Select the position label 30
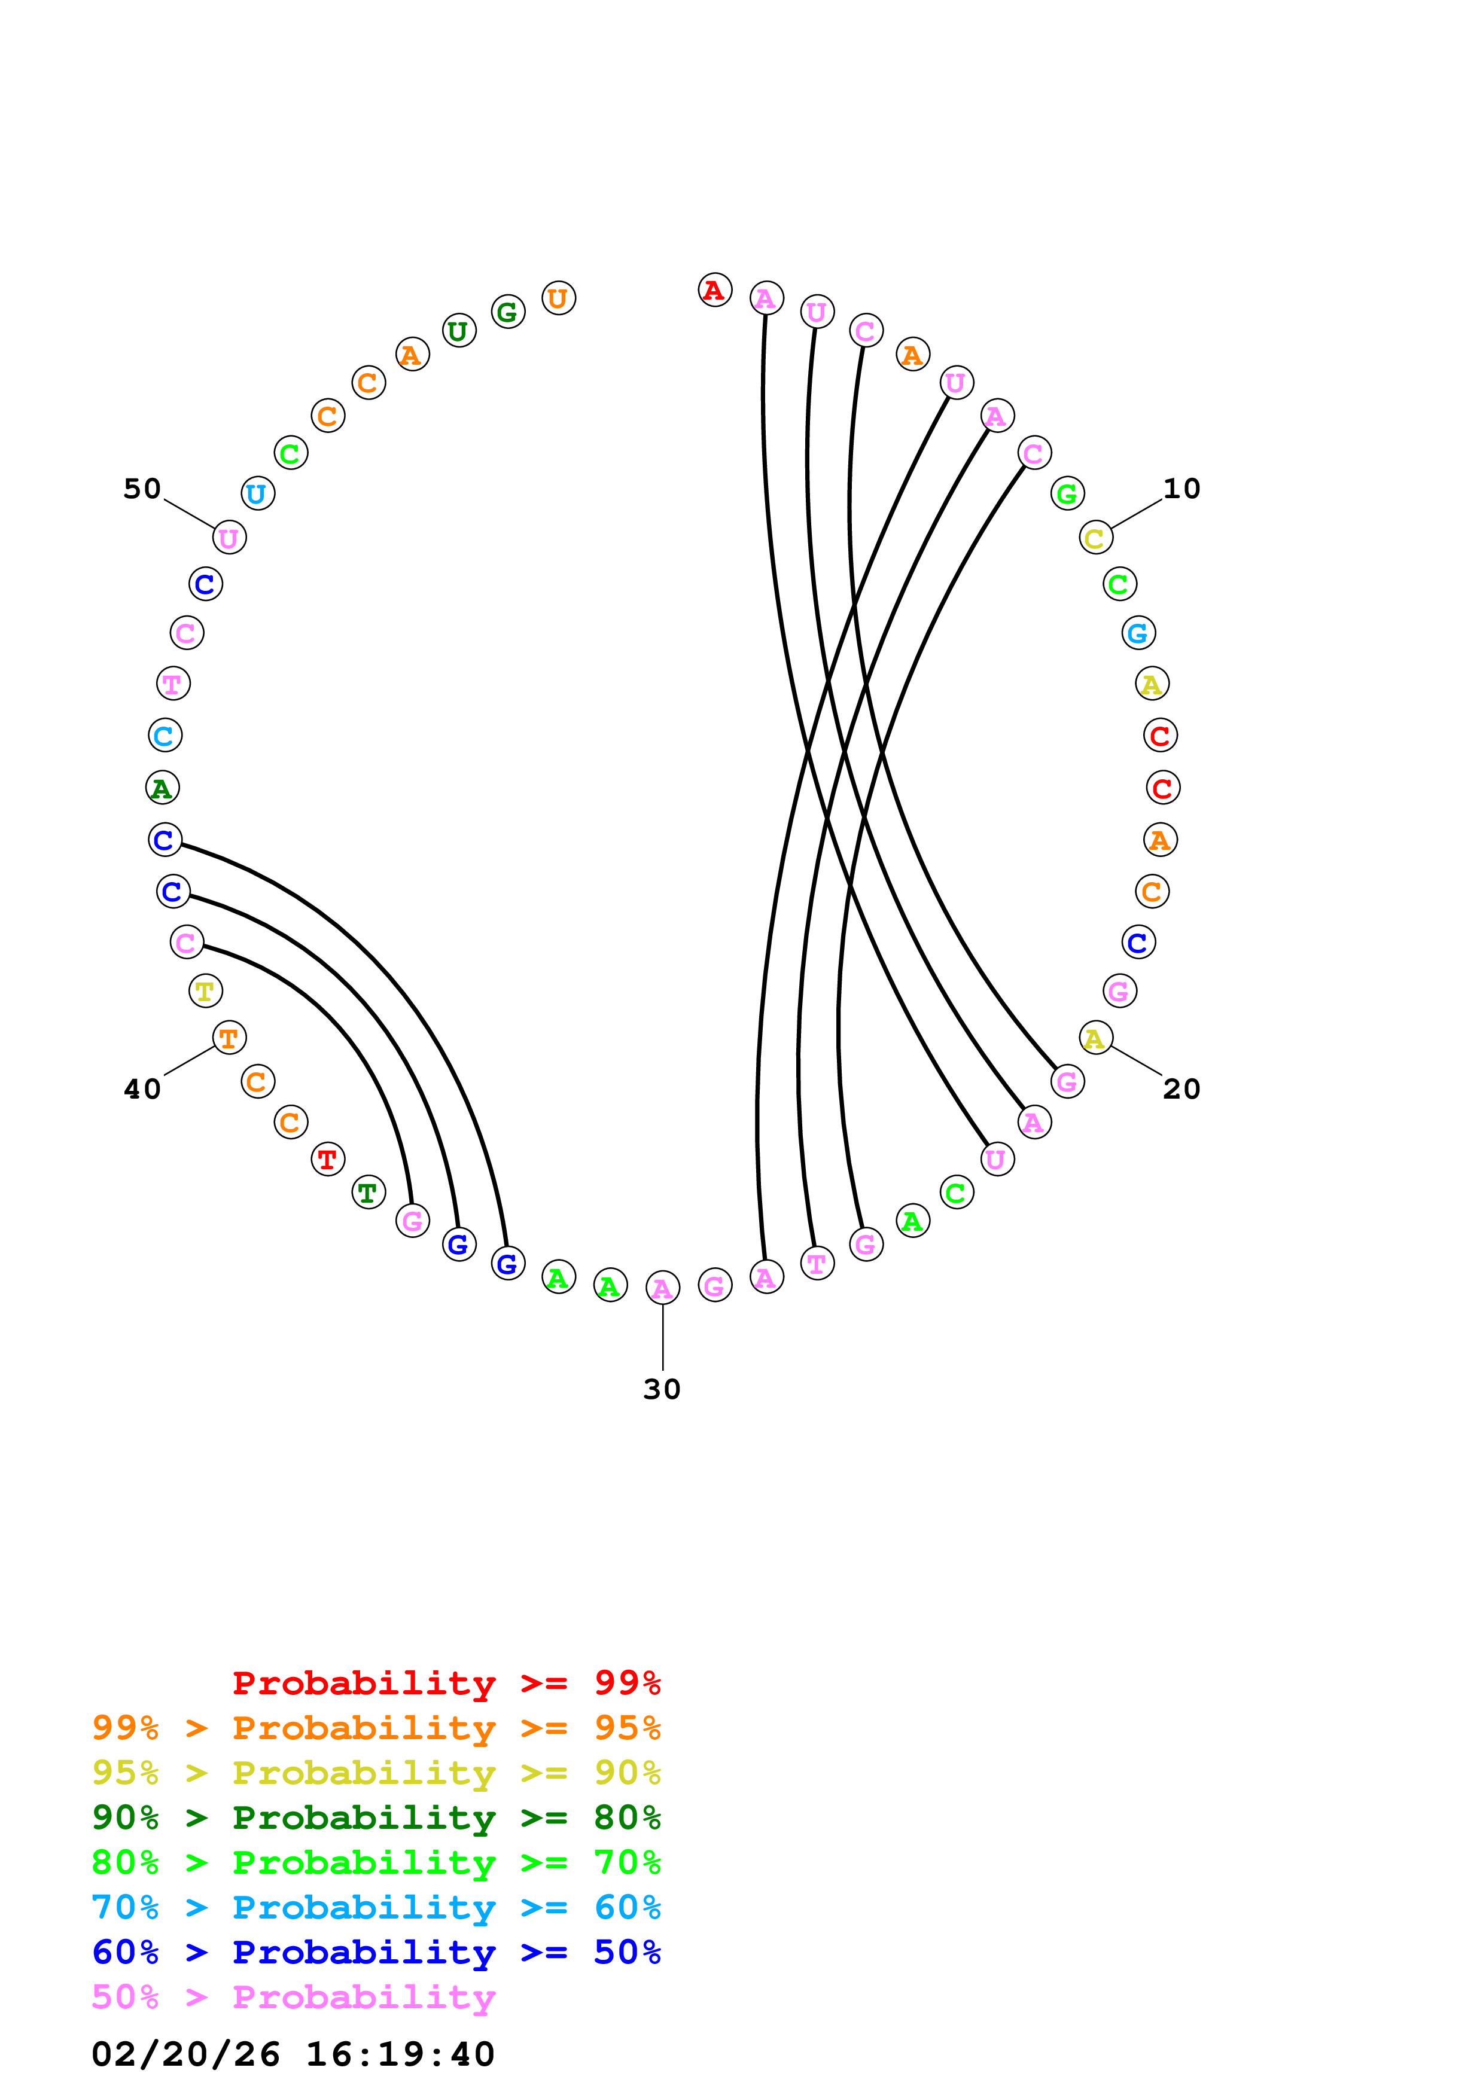pos(662,1389)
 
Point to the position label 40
pos(142,1088)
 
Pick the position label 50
pos(142,489)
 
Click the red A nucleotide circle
pos(714,291)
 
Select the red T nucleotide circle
pos(327,1160)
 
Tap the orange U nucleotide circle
pos(558,298)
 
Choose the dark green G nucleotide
pos(507,312)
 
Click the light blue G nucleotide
pos(1138,632)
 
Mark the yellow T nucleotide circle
pos(206,990)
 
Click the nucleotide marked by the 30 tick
pos(662,1288)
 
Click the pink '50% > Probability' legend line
pos(293,1996)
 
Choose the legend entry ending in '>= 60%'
pos(376,1907)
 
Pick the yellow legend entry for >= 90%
pos(376,1773)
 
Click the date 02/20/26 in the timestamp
pos(185,2053)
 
